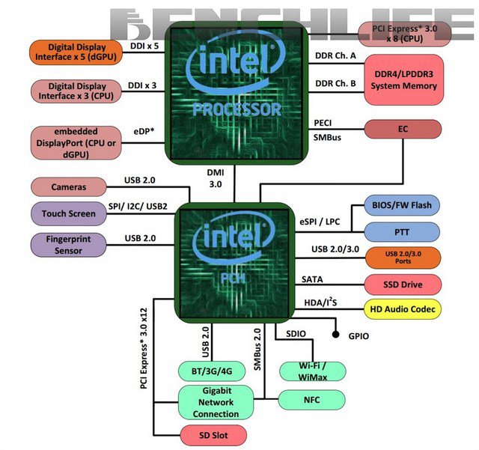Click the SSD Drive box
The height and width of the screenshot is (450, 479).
tap(403, 285)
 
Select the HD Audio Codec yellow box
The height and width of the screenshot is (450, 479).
tap(403, 308)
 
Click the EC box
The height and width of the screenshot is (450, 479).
tap(403, 130)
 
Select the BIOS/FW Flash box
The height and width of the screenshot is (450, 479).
tap(403, 204)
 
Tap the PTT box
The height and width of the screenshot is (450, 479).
tap(403, 231)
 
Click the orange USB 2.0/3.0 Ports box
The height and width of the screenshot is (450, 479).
tap(403, 257)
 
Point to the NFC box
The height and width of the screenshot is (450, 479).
tap(311, 400)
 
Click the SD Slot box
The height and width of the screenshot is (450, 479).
tap(215, 435)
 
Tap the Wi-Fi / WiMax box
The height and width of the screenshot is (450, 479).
tap(311, 371)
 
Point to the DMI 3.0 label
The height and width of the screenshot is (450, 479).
tap(215, 178)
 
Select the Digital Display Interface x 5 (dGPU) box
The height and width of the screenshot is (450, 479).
tap(76, 52)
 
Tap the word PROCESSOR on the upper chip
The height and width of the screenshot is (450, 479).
tap(236, 109)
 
